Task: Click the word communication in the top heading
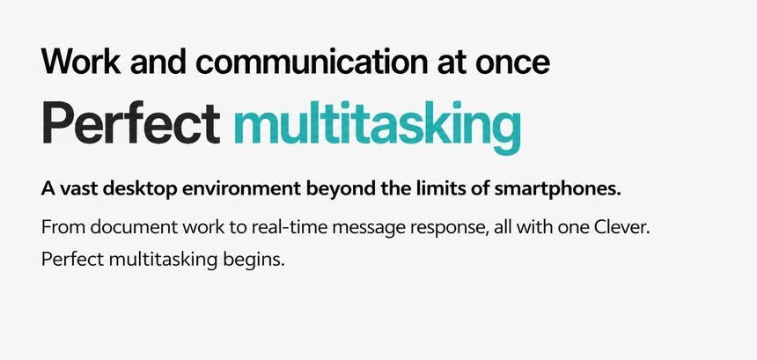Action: coord(311,62)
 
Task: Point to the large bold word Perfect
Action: coord(131,122)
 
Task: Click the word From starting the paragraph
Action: coord(63,227)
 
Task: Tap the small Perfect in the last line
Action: coord(73,261)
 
